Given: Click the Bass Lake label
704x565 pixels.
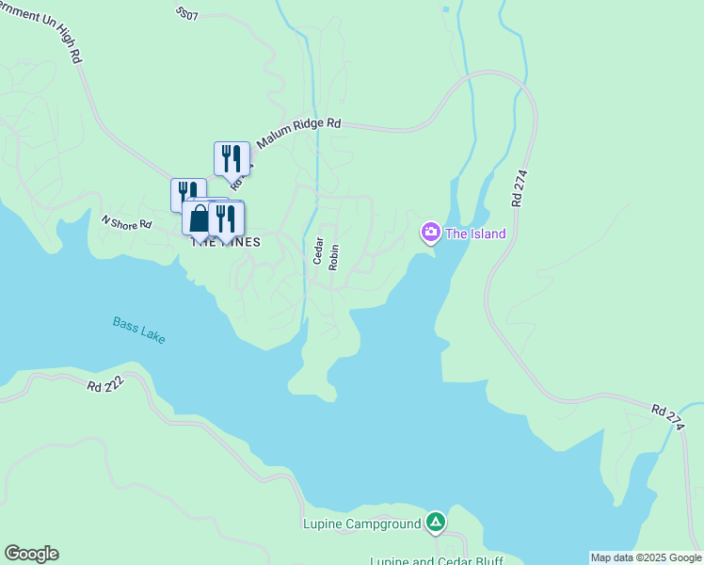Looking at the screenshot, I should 139,331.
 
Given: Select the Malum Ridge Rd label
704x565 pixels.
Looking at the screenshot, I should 298,132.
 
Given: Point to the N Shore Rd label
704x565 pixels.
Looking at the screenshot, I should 126,223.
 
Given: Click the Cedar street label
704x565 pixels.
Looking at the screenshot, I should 319,252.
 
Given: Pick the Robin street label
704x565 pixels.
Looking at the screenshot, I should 333,257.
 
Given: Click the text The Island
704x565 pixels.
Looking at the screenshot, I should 475,234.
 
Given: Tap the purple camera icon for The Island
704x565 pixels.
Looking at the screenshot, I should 430,232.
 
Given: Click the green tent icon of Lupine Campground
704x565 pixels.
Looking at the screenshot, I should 435,522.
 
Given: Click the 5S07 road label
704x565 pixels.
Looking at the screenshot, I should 186,14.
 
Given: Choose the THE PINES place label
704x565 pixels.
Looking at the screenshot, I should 226,242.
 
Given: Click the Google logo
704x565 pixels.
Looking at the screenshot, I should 31,554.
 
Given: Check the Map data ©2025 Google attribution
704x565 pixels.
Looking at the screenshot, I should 646,557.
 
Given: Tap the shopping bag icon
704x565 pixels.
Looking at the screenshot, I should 199,219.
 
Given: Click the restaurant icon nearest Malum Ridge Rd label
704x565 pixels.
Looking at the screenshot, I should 232,158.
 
